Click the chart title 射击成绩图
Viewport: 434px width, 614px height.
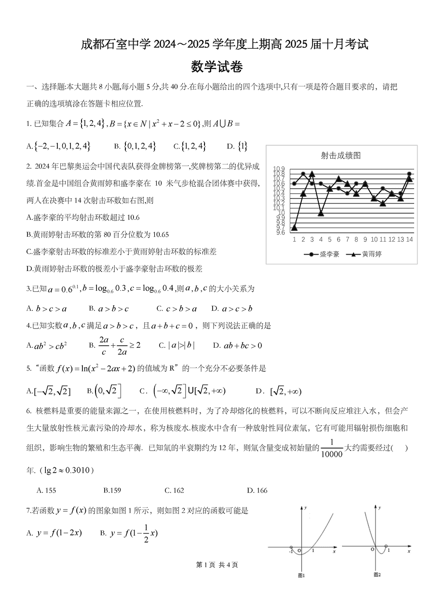click(x=341, y=155)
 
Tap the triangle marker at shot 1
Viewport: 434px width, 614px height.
click(x=294, y=228)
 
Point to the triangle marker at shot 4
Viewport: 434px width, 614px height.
click(x=321, y=213)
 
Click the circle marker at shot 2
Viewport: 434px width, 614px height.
click(x=303, y=174)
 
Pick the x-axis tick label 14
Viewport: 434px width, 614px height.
click(x=409, y=239)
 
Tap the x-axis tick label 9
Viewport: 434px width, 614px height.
click(x=365, y=239)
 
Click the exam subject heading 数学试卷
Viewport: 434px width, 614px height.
click(x=217, y=67)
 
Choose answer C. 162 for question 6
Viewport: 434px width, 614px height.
click(x=174, y=491)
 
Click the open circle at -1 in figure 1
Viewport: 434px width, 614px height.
click(x=291, y=547)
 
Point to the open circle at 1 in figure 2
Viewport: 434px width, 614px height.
click(x=386, y=547)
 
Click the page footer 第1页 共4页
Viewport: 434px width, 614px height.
click(x=217, y=565)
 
